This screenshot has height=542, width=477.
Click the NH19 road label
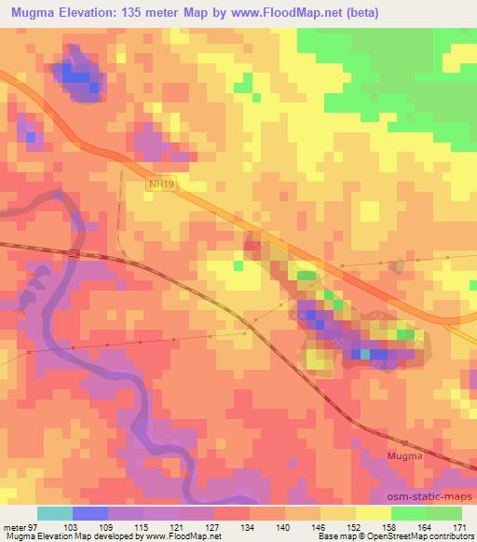coord(161,184)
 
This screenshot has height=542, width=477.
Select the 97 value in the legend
coord(35,526)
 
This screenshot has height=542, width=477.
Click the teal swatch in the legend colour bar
coord(54,513)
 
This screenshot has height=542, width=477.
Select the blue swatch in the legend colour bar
coord(89,513)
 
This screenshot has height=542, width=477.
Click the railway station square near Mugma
coord(406,442)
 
